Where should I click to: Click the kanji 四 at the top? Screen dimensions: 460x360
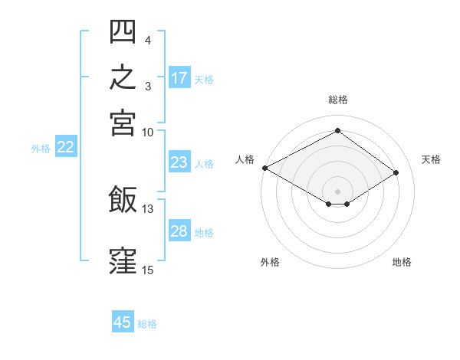(123, 31)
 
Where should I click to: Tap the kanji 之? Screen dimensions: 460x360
(123, 77)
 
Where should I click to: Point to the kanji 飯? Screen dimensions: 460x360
(123, 198)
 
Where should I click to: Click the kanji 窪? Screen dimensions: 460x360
(123, 261)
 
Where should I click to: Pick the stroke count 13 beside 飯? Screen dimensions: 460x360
(147, 209)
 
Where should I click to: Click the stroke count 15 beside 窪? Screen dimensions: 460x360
(147, 270)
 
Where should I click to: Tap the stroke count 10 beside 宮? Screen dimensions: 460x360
(147, 133)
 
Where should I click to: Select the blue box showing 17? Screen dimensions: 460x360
(179, 77)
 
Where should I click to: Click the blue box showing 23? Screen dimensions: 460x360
(179, 162)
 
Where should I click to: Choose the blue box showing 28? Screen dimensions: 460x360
(179, 230)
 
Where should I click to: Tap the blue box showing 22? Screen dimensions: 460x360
(66, 146)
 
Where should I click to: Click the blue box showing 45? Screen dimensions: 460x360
(123, 321)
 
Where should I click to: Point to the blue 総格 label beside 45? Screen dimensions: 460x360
(147, 324)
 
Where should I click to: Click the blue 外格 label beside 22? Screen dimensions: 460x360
(41, 149)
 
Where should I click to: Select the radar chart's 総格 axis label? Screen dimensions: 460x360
(338, 100)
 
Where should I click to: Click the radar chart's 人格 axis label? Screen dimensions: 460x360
(245, 159)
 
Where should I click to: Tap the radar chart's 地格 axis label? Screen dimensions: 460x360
(402, 262)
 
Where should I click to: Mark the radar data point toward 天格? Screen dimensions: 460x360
(396, 172)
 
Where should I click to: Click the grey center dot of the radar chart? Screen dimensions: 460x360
(337, 191)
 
